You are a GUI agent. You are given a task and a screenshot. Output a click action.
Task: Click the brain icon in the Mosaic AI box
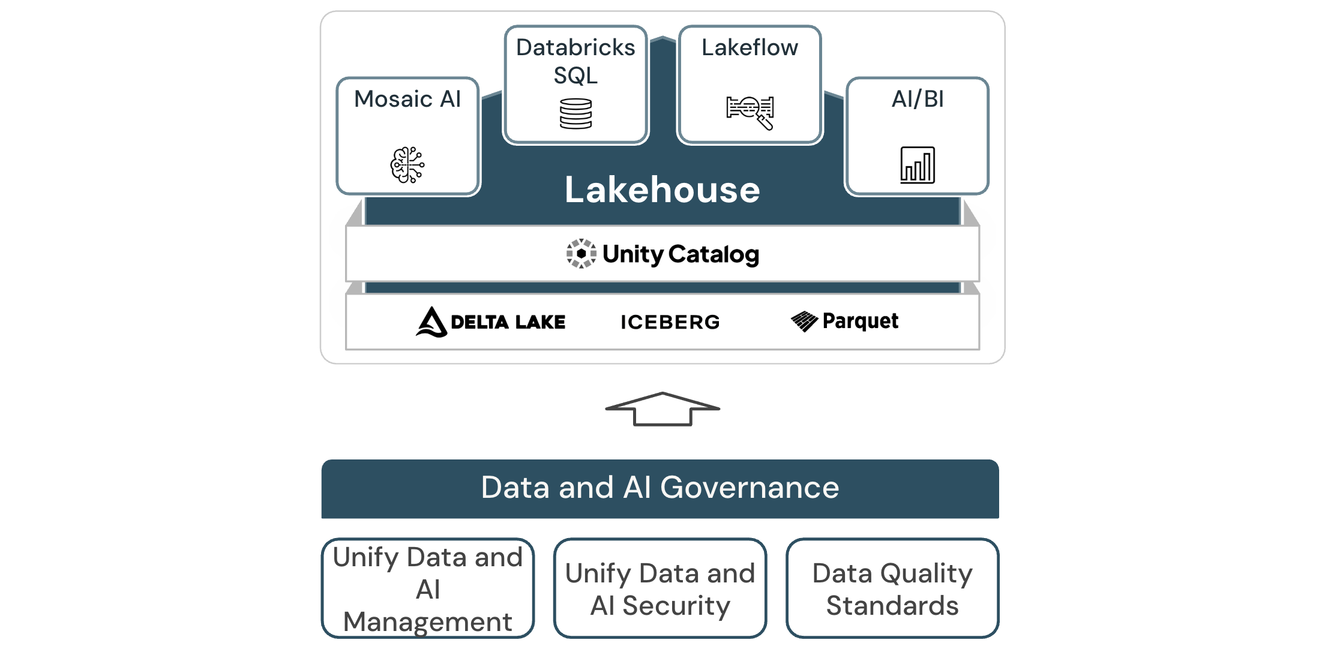407,164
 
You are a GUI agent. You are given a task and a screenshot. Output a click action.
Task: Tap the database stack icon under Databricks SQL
575,114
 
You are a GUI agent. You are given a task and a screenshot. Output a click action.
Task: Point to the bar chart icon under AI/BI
918,165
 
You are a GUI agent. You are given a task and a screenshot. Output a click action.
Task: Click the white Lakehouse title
662,190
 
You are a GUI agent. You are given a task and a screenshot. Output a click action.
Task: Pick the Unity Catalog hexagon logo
581,254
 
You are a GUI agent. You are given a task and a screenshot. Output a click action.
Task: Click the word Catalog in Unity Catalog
714,254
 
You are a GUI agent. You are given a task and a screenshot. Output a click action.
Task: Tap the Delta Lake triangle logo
431,322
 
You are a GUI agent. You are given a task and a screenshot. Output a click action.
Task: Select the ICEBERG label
670,322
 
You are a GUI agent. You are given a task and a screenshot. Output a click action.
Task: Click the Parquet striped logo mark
804,321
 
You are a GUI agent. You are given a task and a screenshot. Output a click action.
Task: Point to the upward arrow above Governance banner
662,409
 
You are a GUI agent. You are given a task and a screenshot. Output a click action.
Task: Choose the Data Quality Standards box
892,588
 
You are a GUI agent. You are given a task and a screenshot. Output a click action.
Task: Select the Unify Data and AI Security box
660,588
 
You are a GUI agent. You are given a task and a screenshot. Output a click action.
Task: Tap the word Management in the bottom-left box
428,621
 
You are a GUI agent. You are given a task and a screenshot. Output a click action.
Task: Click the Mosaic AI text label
407,99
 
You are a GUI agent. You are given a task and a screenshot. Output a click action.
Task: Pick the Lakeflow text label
750,47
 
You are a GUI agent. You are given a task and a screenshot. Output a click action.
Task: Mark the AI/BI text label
918,99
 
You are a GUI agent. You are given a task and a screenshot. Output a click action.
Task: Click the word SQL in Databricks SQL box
575,76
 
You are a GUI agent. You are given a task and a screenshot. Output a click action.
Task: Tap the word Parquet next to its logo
860,321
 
